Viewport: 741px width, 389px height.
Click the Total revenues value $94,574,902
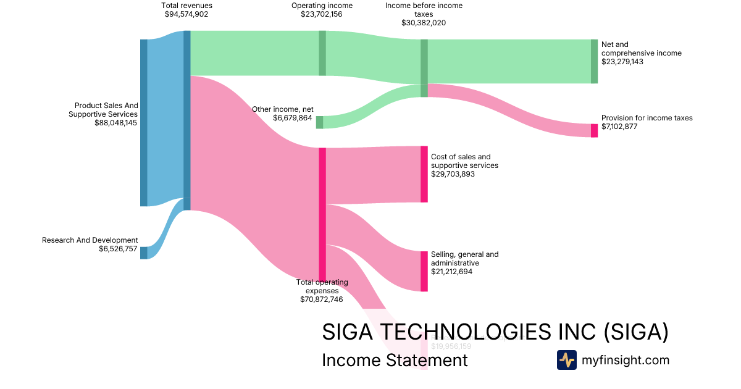[x=187, y=14]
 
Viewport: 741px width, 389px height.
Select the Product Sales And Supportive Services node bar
[x=144, y=122]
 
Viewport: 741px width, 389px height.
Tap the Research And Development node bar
[x=144, y=253]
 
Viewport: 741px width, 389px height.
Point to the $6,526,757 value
[x=118, y=249]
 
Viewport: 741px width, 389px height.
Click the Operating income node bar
[x=322, y=53]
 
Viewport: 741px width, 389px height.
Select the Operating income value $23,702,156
[x=322, y=14]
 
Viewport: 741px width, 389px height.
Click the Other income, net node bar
[x=319, y=122]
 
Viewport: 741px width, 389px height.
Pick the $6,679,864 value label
[x=293, y=118]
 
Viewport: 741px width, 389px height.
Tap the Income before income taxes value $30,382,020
[x=423, y=23]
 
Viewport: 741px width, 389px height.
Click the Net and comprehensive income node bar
[x=594, y=61]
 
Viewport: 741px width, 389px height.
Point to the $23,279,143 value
[x=622, y=62]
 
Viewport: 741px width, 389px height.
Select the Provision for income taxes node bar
[x=594, y=130]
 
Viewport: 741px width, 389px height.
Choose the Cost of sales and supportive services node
[x=424, y=174]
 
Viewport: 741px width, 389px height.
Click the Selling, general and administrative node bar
[x=424, y=271]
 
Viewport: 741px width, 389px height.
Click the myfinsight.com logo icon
[x=566, y=360]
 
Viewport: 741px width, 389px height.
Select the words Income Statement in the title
[x=395, y=360]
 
